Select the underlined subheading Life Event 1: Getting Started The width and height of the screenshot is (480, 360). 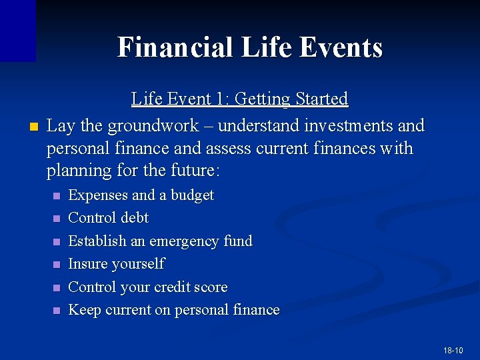[x=239, y=99]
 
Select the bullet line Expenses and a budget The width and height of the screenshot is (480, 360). [x=141, y=195]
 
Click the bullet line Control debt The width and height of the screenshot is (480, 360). [x=108, y=218]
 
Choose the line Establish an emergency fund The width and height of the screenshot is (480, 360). [x=160, y=241]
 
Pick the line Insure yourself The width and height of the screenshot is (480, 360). [x=116, y=264]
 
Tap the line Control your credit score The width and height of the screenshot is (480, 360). [x=147, y=287]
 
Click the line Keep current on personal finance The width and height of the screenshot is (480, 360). [x=173, y=310]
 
